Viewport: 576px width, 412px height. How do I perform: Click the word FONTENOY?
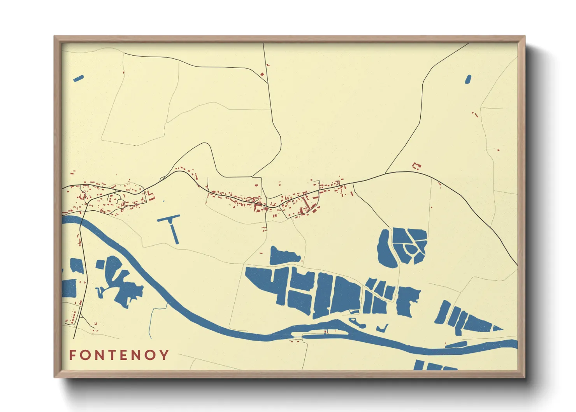[x=119, y=355]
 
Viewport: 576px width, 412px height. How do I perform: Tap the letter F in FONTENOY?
[x=72, y=355]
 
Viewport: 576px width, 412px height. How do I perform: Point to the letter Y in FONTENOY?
[x=165, y=355]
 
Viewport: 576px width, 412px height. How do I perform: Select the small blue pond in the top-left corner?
[x=78, y=78]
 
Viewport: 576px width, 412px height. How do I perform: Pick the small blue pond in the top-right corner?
[x=468, y=79]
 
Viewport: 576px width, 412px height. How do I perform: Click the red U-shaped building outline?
[x=416, y=166]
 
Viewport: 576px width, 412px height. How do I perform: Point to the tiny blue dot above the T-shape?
[x=163, y=201]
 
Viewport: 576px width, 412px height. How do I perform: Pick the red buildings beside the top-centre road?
[x=263, y=73]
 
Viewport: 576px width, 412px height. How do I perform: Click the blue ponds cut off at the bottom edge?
[x=434, y=366]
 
